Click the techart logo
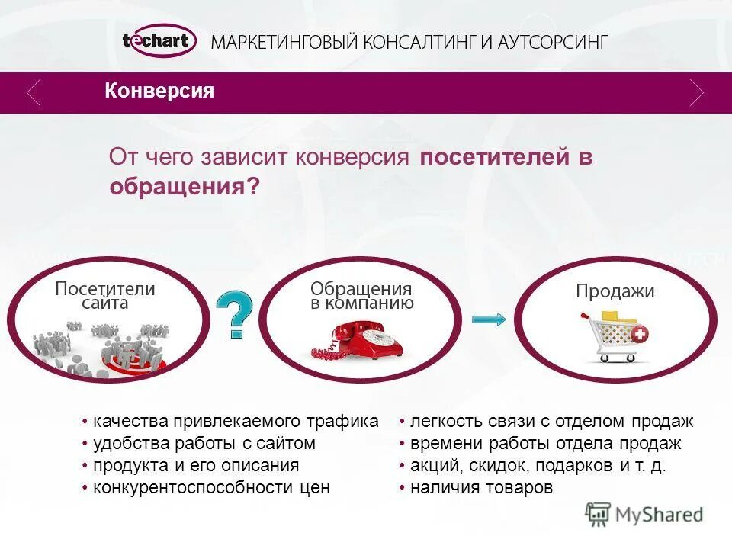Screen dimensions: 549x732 coord(159,41)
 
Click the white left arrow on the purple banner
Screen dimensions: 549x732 coord(34,93)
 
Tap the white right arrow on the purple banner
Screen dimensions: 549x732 coord(695,93)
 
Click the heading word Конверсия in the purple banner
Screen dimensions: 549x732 coord(159,91)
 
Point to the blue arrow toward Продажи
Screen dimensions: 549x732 coord(488,319)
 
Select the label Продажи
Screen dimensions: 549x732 coord(615,291)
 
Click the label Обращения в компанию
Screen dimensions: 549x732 coord(361,296)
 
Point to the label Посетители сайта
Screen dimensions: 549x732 coord(105,296)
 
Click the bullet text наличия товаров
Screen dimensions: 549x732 coord(480,488)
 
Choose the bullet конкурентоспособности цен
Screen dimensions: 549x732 coord(211,488)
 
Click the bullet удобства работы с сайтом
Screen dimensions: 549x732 coord(204,443)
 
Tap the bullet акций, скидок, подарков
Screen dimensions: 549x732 coord(538,466)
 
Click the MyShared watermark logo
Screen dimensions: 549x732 coord(644,514)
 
